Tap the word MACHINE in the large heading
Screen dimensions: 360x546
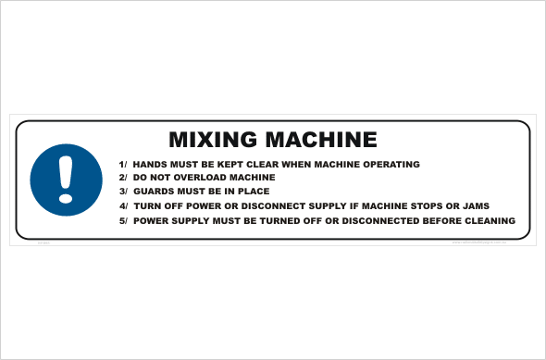(320, 140)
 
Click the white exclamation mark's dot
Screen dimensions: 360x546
(65, 195)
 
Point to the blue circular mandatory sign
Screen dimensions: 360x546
(65, 177)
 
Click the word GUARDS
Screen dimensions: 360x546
(154, 192)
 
